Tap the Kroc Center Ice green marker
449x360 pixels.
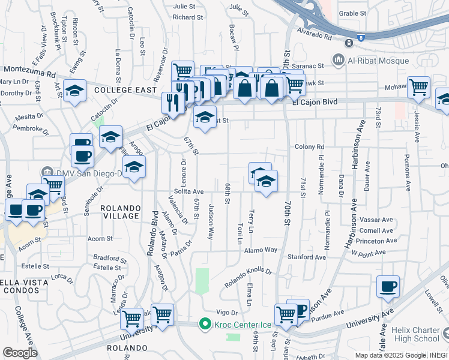click(x=205, y=325)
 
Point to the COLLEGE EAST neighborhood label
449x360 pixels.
click(x=124, y=90)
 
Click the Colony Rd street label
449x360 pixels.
click(x=309, y=146)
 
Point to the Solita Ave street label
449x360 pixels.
click(x=189, y=191)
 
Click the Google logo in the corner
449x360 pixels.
click(x=20, y=353)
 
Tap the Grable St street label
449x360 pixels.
click(x=352, y=13)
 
